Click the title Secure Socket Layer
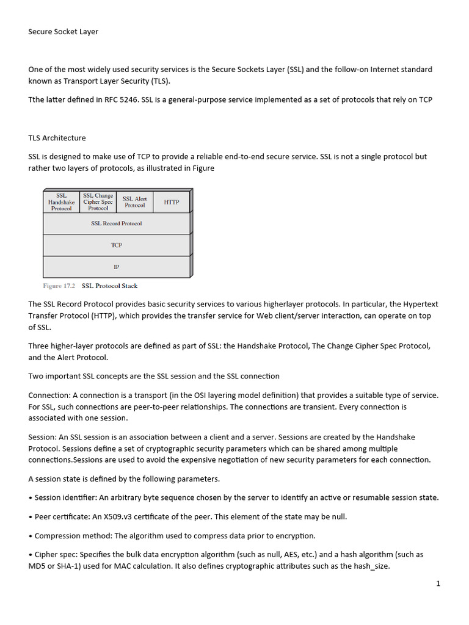click(63, 32)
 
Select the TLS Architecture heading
click(57, 138)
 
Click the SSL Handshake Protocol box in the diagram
click(61, 202)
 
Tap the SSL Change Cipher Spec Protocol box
click(98, 202)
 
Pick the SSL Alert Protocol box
click(135, 202)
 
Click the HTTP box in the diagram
click(172, 202)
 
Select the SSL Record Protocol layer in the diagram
click(116, 223)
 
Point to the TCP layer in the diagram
click(116, 245)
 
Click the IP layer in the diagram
click(116, 267)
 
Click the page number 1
click(438, 583)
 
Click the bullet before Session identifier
click(31, 497)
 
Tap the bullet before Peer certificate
click(31, 517)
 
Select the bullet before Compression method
click(31, 536)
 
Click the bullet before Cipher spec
click(31, 555)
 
